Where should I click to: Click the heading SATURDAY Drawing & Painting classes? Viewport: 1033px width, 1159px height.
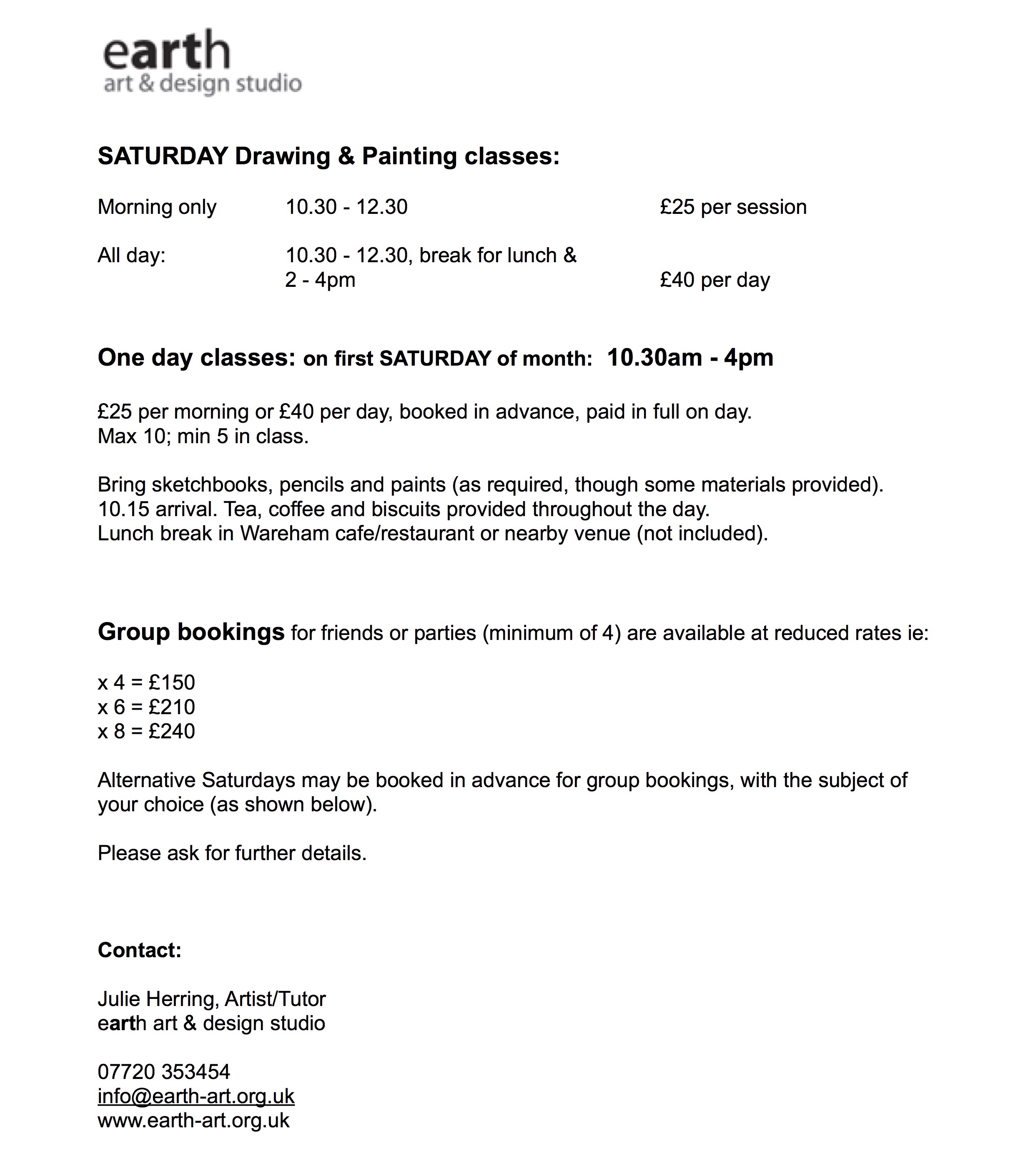328,156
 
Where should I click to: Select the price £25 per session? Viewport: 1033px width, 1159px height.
733,207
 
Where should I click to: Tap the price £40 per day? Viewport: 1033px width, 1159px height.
715,280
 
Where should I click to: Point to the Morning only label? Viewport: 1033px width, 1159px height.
157,207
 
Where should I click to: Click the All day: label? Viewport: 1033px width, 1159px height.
131,256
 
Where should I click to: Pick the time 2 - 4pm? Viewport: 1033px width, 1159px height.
320,280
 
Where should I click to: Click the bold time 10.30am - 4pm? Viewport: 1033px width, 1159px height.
690,358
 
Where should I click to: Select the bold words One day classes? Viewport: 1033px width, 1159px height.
196,358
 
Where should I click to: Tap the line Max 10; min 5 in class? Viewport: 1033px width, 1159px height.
203,436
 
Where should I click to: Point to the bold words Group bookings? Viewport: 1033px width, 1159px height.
191,632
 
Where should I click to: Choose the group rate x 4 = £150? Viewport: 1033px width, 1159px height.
146,682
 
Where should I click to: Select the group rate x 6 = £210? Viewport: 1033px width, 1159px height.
146,707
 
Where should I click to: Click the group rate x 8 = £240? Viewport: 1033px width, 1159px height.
146,731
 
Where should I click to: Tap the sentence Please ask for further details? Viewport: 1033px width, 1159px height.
232,853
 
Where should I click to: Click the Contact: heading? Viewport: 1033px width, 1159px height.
139,950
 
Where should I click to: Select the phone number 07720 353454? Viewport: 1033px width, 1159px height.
163,1071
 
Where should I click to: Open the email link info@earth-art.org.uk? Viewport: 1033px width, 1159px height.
196,1096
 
